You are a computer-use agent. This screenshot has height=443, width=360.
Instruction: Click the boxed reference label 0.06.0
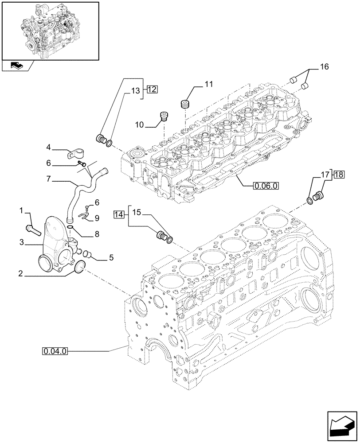pos(266,187)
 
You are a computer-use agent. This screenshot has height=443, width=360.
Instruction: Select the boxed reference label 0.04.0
pos(55,352)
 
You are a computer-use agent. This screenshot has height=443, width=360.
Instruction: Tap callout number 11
pos(209,84)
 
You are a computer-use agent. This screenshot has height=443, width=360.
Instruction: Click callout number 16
pos(324,67)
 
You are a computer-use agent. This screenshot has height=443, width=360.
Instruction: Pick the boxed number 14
pos(118,215)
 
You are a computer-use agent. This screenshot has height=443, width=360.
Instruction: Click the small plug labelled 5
pos(87,254)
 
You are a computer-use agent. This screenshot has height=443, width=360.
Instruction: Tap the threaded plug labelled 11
pos(185,105)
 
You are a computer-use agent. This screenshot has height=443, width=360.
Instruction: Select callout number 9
pos(97,218)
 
